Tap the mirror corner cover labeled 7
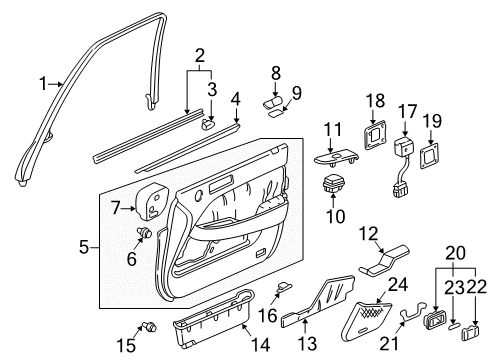coord(155,201)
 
